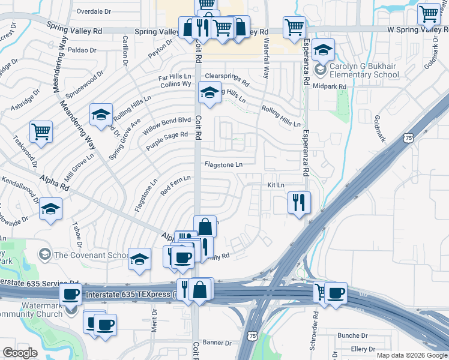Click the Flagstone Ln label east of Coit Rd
point(223,164)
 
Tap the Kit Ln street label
point(276,186)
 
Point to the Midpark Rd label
point(330,86)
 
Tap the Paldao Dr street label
point(82,50)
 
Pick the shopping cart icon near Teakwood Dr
point(41,131)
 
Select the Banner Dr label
point(217,343)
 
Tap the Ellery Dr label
point(363,349)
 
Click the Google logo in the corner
point(20,353)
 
